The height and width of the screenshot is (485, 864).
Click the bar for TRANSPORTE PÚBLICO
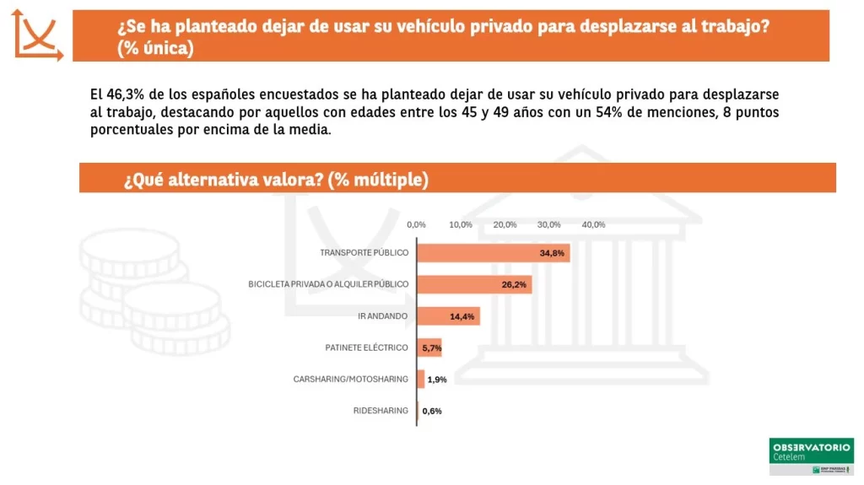coord(494,252)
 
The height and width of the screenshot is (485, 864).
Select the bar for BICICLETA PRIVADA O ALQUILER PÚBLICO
coord(474,284)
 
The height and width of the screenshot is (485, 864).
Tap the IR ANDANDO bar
coord(449,316)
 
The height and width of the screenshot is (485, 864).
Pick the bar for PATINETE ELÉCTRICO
coord(429,348)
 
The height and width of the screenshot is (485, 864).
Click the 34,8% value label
coord(552,253)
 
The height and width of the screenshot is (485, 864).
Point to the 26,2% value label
coord(514,285)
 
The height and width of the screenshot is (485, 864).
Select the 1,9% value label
coord(437,380)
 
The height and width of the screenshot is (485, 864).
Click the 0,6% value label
coord(432,412)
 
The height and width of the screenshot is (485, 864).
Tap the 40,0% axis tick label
coord(593,224)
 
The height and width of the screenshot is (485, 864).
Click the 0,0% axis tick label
coord(416,224)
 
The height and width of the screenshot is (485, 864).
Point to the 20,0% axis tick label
coord(505,224)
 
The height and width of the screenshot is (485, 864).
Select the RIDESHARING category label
coord(381,411)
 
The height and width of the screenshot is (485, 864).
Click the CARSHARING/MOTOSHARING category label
coord(351,380)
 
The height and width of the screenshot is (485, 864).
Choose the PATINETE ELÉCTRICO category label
coord(367,348)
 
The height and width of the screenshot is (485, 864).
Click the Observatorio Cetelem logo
coord(812,456)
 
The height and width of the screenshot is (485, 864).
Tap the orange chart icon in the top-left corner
coord(37,35)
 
